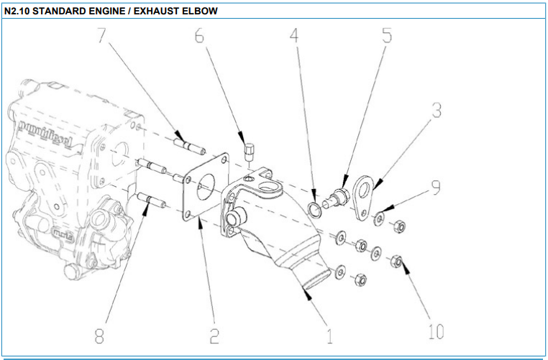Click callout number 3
point(436,111)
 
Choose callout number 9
point(435,185)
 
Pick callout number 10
point(436,331)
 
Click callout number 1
point(329,335)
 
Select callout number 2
point(214,335)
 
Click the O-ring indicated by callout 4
point(315,209)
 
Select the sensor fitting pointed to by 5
point(337,195)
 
